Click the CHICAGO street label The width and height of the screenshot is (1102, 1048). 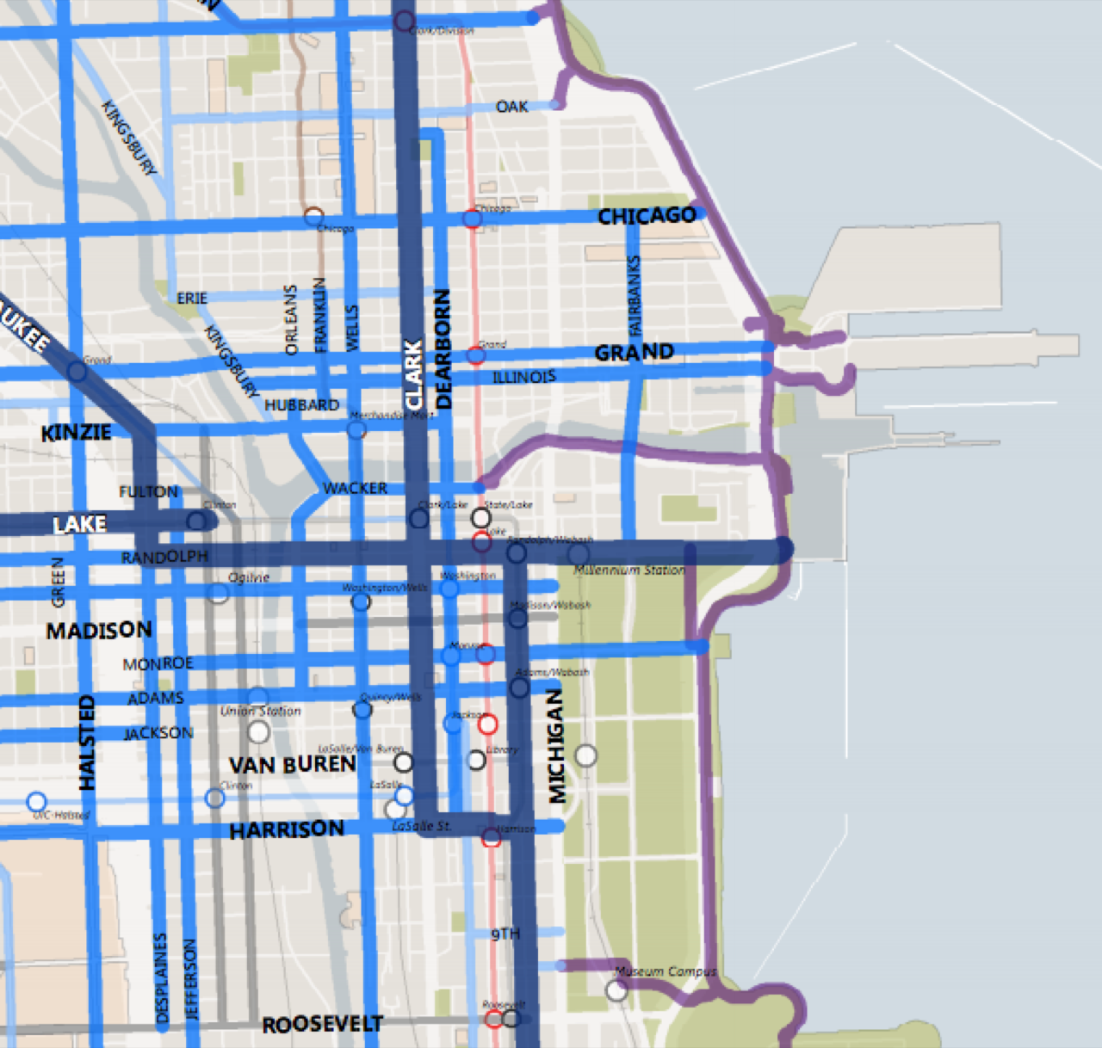click(647, 215)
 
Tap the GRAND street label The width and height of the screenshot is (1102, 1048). click(634, 353)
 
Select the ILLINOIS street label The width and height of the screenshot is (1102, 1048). click(523, 377)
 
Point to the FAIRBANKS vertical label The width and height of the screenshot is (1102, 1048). click(635, 295)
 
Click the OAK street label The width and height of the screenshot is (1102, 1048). click(511, 107)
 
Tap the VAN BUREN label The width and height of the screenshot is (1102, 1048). click(292, 765)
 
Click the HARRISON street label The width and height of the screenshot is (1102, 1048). click(287, 829)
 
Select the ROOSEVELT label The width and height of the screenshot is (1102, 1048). click(322, 1024)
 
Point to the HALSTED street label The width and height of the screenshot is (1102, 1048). click(87, 743)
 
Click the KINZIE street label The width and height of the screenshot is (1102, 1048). click(76, 432)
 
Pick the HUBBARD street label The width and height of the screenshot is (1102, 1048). click(301, 405)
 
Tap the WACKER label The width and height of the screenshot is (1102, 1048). click(355, 489)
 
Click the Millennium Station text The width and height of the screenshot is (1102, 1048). click(628, 570)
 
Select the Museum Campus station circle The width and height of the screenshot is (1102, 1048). click(616, 990)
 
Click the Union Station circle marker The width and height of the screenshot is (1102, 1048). click(258, 732)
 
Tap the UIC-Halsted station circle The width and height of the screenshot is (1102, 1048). click(36, 802)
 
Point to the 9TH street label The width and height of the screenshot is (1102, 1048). click(505, 934)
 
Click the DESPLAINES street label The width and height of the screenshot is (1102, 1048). click(161, 978)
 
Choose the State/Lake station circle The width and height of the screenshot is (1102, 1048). click(481, 518)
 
